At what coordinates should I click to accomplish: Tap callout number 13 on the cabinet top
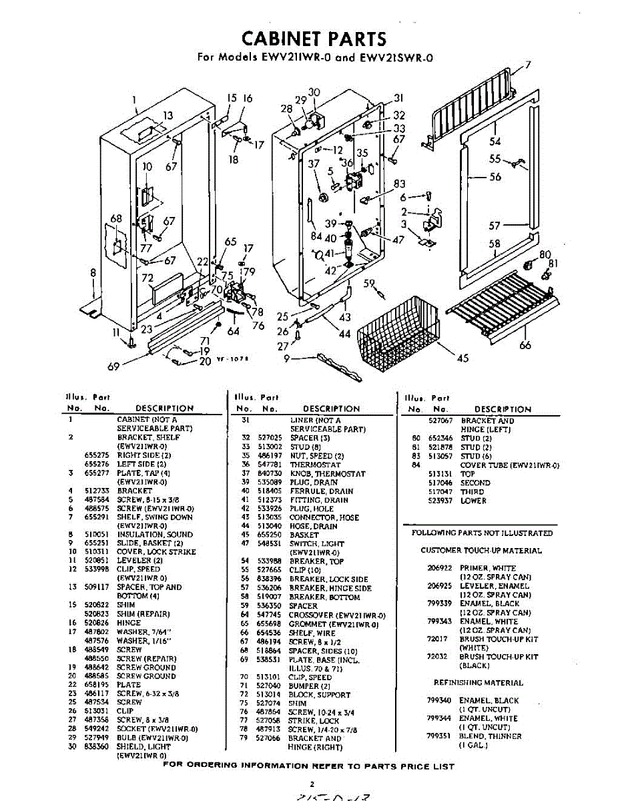point(168,115)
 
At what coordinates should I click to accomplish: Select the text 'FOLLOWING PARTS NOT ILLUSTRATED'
point(482,533)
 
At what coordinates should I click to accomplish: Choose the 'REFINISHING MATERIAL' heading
point(479,683)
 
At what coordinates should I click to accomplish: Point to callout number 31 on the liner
point(399,97)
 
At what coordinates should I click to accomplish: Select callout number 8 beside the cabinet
point(93,272)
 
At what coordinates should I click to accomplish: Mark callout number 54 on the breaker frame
point(495,141)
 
